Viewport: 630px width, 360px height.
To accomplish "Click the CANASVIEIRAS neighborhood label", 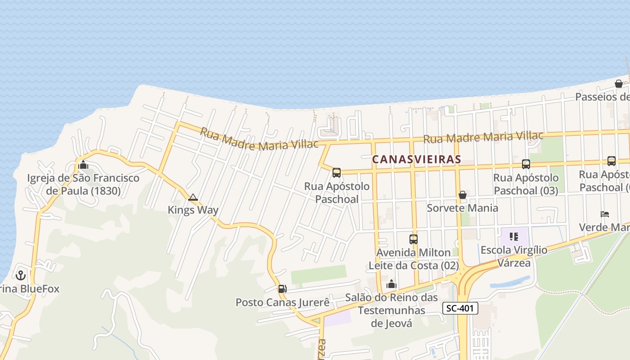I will (x=417, y=159).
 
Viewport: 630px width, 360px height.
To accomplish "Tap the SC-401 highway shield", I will (x=460, y=308).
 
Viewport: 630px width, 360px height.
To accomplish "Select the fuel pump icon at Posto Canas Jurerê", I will (x=282, y=288).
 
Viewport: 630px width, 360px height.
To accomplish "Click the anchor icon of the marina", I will (x=20, y=275).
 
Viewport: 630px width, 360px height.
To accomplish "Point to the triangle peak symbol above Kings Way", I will (x=193, y=197).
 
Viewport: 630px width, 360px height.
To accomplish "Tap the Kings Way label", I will (x=193, y=210).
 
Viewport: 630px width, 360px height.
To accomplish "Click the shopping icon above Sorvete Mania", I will (x=462, y=195).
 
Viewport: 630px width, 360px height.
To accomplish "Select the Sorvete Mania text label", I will (x=462, y=208).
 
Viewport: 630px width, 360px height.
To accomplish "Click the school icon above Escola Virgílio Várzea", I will (x=514, y=236).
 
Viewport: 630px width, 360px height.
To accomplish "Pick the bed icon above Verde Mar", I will (x=605, y=214).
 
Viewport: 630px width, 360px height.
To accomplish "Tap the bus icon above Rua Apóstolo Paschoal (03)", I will (x=526, y=164).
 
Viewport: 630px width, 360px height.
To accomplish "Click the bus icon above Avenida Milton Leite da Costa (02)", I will (x=413, y=239).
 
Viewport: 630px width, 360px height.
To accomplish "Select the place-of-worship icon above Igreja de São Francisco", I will (x=83, y=165).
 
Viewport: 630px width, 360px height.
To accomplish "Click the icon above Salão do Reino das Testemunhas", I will (x=391, y=284).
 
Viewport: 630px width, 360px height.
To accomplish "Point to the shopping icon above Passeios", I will (x=619, y=84).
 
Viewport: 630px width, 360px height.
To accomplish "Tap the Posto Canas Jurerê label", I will (x=283, y=302).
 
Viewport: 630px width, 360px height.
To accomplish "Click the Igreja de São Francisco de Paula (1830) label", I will (x=83, y=184).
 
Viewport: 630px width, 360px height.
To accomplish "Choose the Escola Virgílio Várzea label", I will (x=514, y=256).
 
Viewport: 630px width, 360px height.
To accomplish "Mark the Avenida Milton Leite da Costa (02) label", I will (x=413, y=259).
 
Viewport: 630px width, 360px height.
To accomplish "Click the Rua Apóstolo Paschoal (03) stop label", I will (x=526, y=184).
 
